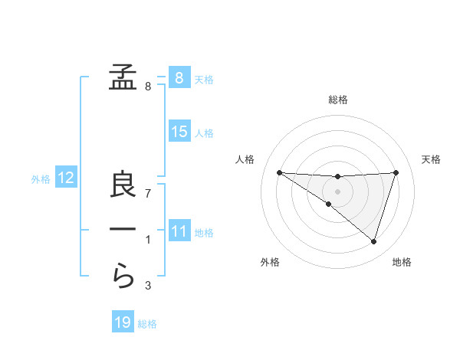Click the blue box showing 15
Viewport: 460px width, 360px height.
click(x=179, y=132)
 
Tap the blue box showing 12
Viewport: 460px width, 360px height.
click(x=66, y=178)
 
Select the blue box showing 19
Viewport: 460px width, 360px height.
click(x=123, y=322)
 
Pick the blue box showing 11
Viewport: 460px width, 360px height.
click(x=179, y=231)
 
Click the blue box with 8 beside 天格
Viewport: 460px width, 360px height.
click(x=179, y=77)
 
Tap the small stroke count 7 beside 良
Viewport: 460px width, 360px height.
click(x=148, y=194)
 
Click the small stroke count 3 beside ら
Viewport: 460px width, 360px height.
click(x=148, y=286)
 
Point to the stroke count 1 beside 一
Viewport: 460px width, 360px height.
click(x=148, y=241)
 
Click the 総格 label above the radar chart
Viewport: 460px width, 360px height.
click(x=337, y=100)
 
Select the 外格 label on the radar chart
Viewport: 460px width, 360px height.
click(x=270, y=263)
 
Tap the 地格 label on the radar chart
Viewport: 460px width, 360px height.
click(x=402, y=263)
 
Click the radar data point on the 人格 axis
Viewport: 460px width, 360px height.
click(x=279, y=172)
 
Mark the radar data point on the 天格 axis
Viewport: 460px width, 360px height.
click(x=396, y=172)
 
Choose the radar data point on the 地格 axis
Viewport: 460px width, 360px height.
click(x=373, y=241)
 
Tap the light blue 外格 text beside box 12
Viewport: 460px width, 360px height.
click(x=41, y=179)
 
